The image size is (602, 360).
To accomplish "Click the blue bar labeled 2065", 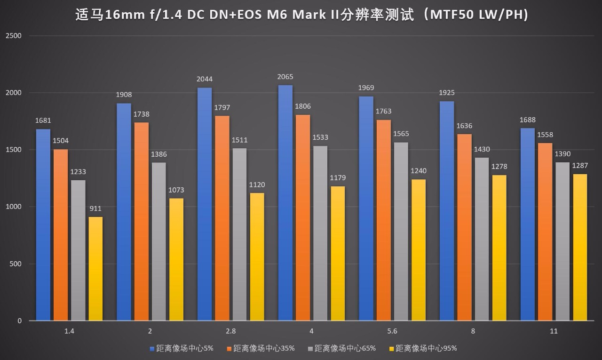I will click(285, 202).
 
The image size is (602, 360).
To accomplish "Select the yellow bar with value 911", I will click(95, 268).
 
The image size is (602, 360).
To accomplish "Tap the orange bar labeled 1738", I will click(142, 221).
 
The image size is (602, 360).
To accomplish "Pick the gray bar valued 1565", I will click(401, 231).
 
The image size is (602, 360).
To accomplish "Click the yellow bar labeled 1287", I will click(580, 247).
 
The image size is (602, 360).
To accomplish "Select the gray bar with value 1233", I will click(78, 250).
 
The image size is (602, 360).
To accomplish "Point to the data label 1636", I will click(464, 126).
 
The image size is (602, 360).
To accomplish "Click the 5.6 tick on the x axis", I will click(392, 331).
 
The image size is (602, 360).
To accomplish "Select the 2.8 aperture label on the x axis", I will click(230, 331).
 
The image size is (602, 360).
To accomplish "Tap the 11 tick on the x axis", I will click(554, 331).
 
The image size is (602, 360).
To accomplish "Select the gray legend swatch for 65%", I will click(310, 349).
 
